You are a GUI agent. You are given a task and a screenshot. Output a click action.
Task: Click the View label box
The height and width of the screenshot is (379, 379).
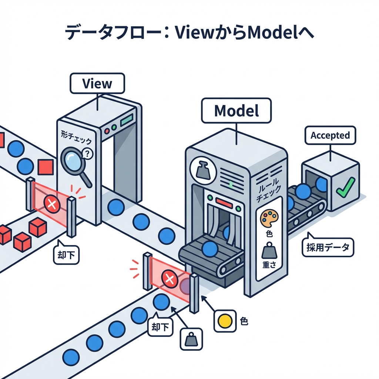point(97,83)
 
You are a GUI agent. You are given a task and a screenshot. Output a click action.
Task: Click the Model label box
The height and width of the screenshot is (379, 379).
point(236,110)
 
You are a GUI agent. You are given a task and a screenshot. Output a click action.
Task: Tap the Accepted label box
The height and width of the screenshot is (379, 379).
point(330,135)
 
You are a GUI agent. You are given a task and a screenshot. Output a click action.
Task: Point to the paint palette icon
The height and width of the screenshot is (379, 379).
point(269,218)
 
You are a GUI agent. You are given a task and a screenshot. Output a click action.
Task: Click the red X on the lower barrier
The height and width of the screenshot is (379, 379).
point(170,279)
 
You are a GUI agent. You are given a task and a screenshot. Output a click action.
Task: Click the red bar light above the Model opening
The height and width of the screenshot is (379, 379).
point(223,202)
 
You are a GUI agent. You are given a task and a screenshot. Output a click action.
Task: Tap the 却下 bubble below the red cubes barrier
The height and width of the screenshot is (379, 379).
point(66,256)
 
